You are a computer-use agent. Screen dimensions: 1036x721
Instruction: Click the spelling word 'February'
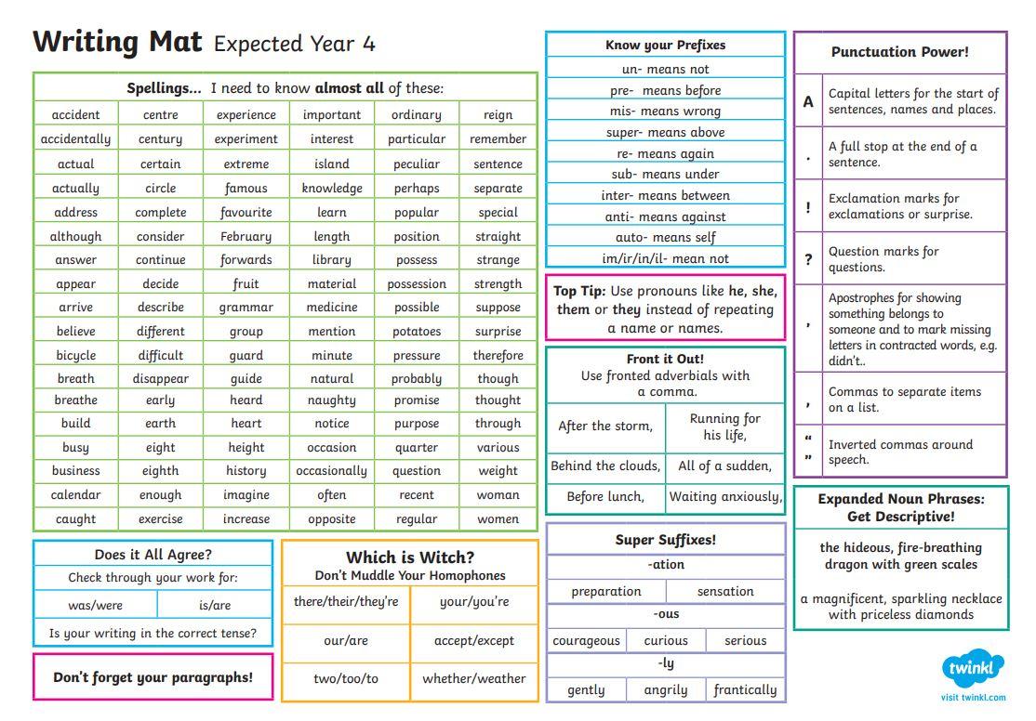[x=246, y=236]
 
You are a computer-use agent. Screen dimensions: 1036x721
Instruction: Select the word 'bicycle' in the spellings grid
[x=76, y=355]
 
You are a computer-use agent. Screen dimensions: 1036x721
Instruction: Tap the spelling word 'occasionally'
[x=332, y=471]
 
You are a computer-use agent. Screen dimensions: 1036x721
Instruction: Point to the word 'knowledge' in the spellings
[x=332, y=189]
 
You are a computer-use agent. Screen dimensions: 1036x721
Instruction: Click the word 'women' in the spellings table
[x=498, y=519]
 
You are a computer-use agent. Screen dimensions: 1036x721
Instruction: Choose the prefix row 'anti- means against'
[x=665, y=216]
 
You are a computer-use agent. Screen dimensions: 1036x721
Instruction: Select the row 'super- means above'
[x=665, y=132]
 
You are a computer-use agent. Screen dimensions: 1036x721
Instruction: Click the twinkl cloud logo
[x=973, y=668]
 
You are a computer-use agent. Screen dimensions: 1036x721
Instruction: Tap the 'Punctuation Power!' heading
[x=900, y=52]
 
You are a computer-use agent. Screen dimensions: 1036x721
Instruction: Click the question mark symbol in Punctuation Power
[x=808, y=259]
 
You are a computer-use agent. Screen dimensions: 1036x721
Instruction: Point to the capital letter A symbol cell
[x=808, y=101]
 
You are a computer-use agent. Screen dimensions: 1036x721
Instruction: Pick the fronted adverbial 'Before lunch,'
[x=605, y=496]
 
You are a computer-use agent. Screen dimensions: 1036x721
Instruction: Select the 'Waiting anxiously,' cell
[x=725, y=496]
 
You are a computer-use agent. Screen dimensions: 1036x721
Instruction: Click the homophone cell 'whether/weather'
[x=474, y=679]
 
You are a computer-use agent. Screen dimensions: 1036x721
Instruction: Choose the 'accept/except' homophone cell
[x=474, y=640]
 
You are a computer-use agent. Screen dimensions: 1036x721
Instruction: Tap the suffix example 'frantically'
[x=745, y=690]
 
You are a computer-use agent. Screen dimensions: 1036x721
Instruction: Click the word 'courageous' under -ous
[x=586, y=640]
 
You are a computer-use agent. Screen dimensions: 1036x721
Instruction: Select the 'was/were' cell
[x=95, y=605]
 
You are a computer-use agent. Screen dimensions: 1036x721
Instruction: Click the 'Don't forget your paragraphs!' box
[x=153, y=677]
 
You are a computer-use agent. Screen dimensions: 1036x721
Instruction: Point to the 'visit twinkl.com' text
[x=974, y=697]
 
